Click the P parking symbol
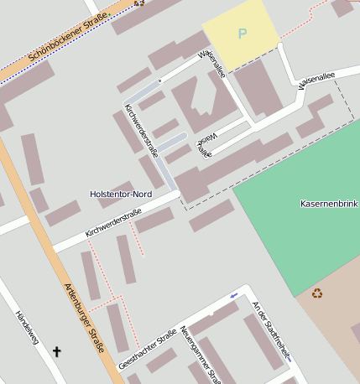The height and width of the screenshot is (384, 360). [x=243, y=34]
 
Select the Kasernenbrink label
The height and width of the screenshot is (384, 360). [x=329, y=204]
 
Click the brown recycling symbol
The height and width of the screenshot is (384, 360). [x=317, y=293]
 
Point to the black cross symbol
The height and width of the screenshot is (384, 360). [x=57, y=351]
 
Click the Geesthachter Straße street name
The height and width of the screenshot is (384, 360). [x=148, y=348]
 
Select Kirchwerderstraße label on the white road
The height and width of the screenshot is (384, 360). [x=112, y=223]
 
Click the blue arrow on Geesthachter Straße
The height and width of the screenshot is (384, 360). [x=233, y=296]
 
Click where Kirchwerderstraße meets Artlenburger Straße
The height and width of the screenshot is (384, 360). [x=50, y=250]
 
